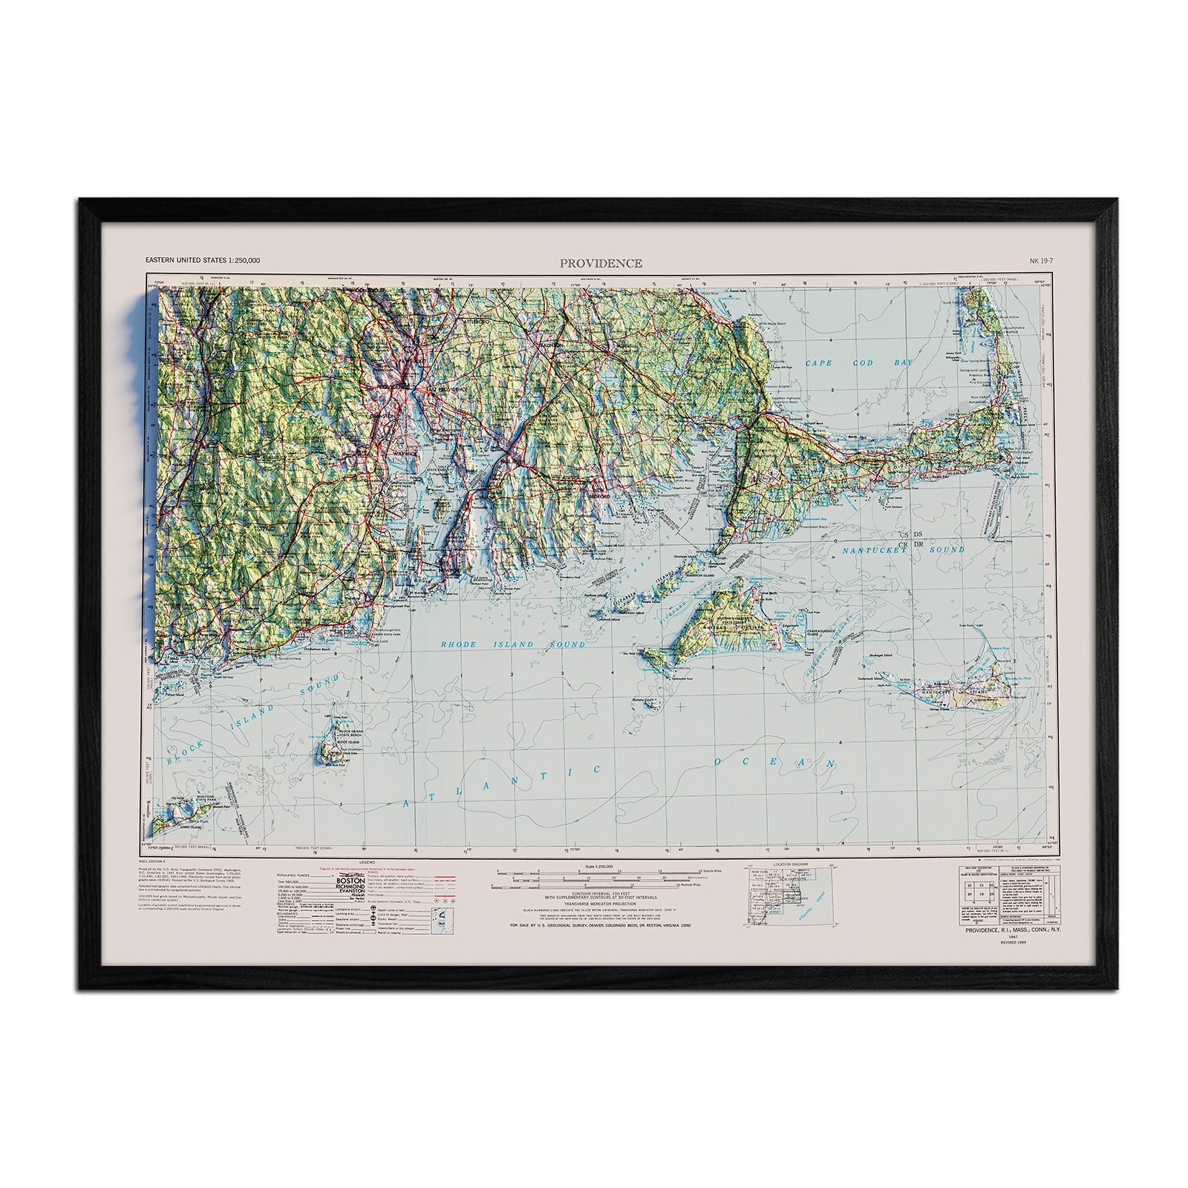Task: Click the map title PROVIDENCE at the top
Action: [601, 263]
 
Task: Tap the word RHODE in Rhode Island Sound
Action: [459, 644]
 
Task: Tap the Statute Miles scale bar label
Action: [691, 878]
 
